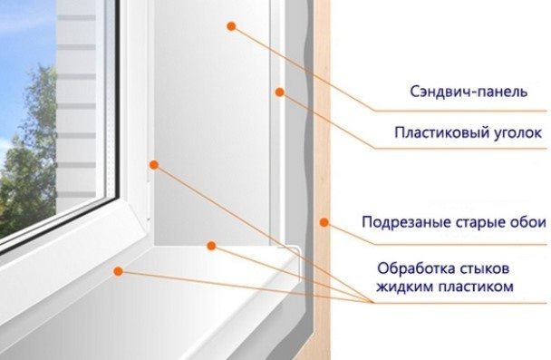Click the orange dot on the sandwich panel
click(231, 26)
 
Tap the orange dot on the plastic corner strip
click(279, 92)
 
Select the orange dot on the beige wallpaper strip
click(324, 222)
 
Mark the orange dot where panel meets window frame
click(154, 164)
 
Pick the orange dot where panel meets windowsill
click(211, 246)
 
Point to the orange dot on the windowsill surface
click(119, 271)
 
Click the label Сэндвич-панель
click(469, 92)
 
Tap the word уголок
click(515, 133)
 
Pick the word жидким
click(404, 287)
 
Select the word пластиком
click(476, 287)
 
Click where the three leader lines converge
click(372, 302)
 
